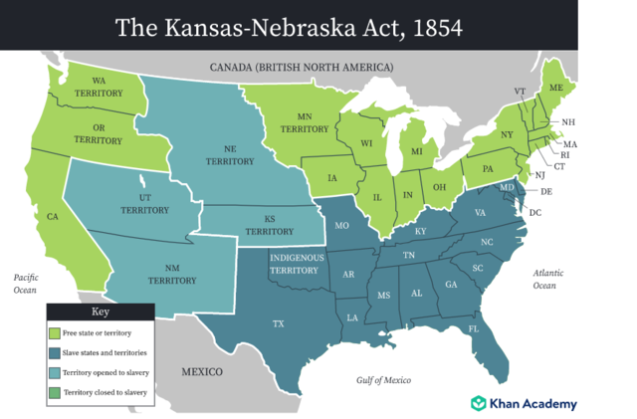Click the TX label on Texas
point(278,323)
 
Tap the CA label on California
point(53,216)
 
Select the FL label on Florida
point(474,328)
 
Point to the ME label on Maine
point(556,89)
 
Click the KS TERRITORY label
point(269,224)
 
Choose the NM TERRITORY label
point(172,274)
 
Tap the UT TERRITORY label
point(145,203)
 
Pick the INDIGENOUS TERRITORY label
point(295,264)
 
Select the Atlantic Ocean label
point(543,279)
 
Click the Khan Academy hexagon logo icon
point(479,404)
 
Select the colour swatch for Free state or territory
point(55,332)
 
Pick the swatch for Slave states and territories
point(55,352)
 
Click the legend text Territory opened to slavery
point(106,372)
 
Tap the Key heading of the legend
point(102,312)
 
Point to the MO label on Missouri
point(341,227)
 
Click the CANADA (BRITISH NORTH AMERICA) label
point(302,67)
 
